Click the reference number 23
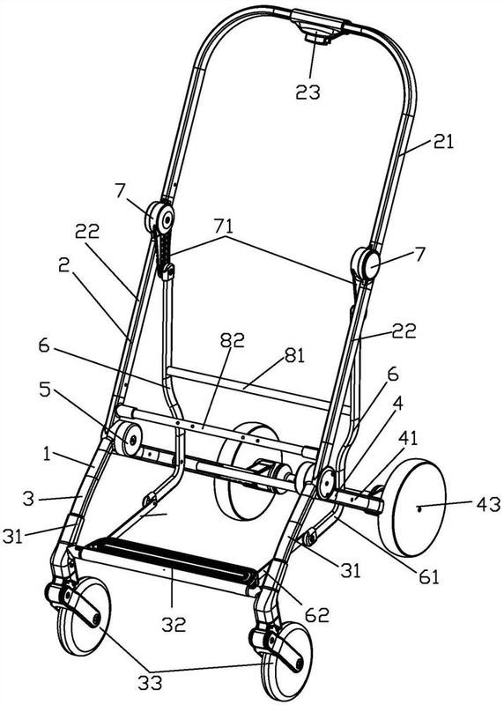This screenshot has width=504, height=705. coord(308,92)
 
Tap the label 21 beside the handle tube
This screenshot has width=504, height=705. coord(444,142)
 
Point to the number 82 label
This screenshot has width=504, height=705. coord(232,340)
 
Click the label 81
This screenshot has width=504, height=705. coord(293,355)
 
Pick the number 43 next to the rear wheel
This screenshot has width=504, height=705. coord(488,504)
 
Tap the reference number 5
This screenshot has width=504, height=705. coord(45,390)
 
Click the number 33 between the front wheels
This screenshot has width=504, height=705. coord(150,684)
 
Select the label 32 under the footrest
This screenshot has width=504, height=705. coord(174,625)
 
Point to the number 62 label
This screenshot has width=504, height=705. coord(317,615)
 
